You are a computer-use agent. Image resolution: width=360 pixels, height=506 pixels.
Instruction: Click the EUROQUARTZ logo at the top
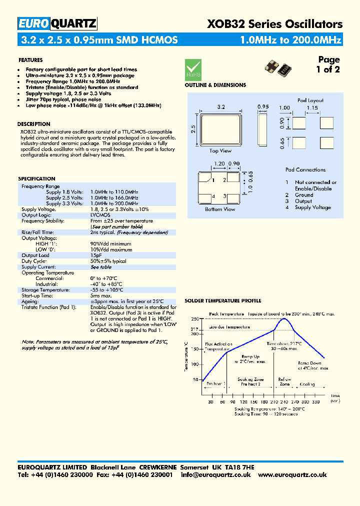(x=57, y=23)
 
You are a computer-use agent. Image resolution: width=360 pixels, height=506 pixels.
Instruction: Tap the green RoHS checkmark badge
(x=193, y=68)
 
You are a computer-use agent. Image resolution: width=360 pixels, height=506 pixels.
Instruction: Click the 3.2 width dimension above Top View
(x=220, y=107)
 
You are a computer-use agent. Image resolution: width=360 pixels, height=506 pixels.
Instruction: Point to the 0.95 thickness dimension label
(x=263, y=107)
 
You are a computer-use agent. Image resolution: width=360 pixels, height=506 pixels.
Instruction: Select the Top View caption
(x=220, y=150)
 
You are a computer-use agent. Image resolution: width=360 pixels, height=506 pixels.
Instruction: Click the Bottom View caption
(x=220, y=209)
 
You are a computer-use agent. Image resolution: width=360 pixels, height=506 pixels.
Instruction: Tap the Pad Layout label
(x=310, y=100)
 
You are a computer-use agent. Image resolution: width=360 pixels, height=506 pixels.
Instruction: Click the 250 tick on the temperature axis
(x=194, y=318)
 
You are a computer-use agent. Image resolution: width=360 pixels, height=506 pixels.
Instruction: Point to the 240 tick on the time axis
(x=285, y=402)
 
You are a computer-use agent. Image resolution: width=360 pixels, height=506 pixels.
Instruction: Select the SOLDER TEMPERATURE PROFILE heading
(x=223, y=301)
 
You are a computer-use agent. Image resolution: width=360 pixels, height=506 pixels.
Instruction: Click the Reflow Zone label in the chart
(x=284, y=381)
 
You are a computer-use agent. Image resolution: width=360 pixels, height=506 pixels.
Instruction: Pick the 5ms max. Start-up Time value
(x=101, y=295)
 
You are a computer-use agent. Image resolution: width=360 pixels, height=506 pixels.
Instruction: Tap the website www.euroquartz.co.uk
(x=293, y=475)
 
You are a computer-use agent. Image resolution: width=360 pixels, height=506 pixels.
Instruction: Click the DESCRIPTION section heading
(x=33, y=124)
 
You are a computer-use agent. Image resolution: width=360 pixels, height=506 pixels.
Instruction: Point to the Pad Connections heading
(x=305, y=170)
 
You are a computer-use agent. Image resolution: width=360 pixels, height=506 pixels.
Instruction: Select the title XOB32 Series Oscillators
(x=275, y=24)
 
